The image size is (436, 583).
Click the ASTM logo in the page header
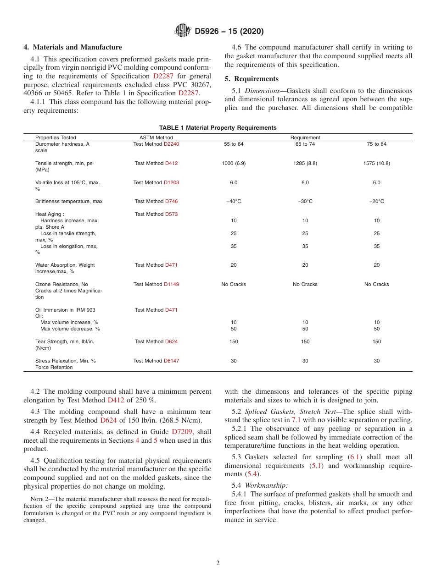pyautogui.click(x=183, y=31)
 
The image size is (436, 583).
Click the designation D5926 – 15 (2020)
pyautogui.click(x=229, y=32)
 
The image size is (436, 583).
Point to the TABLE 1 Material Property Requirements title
pyautogui.click(x=218, y=128)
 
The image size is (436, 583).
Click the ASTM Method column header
pyautogui.click(x=156, y=137)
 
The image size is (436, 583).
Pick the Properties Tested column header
pyautogui.click(x=56, y=137)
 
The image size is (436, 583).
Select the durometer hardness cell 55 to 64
pyautogui.click(x=234, y=144)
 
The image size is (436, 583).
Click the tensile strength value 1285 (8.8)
pyautogui.click(x=305, y=163)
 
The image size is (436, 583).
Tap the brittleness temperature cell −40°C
pyautogui.click(x=234, y=202)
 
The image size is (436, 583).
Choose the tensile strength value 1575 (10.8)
pyautogui.click(x=376, y=163)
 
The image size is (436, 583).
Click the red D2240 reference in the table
pyautogui.click(x=171, y=144)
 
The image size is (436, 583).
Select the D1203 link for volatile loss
pyautogui.click(x=171, y=182)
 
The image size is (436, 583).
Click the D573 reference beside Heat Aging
pyautogui.click(x=171, y=214)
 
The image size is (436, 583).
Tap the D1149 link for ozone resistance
pyautogui.click(x=171, y=284)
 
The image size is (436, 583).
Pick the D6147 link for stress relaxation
pyautogui.click(x=171, y=361)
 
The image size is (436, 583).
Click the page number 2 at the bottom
pyautogui.click(x=218, y=563)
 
